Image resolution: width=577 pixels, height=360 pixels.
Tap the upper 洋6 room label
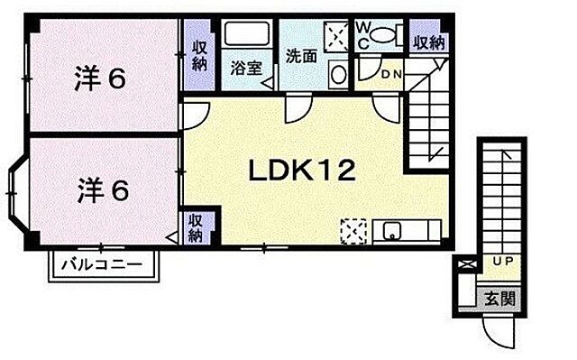pyautogui.click(x=98, y=78)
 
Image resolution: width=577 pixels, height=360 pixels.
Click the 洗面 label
pyautogui.click(x=300, y=54)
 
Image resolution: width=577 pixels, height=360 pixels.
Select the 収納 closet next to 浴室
pyautogui.click(x=199, y=54)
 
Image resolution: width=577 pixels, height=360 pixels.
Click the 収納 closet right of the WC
pyautogui.click(x=428, y=42)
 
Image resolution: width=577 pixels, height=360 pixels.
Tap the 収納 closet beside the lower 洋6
pyautogui.click(x=195, y=228)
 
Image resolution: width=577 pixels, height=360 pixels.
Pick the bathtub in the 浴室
pyautogui.click(x=246, y=36)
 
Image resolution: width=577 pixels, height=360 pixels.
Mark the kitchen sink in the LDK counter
pyautogui.click(x=392, y=231)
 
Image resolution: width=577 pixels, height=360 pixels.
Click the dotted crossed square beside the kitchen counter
pyautogui.click(x=353, y=231)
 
